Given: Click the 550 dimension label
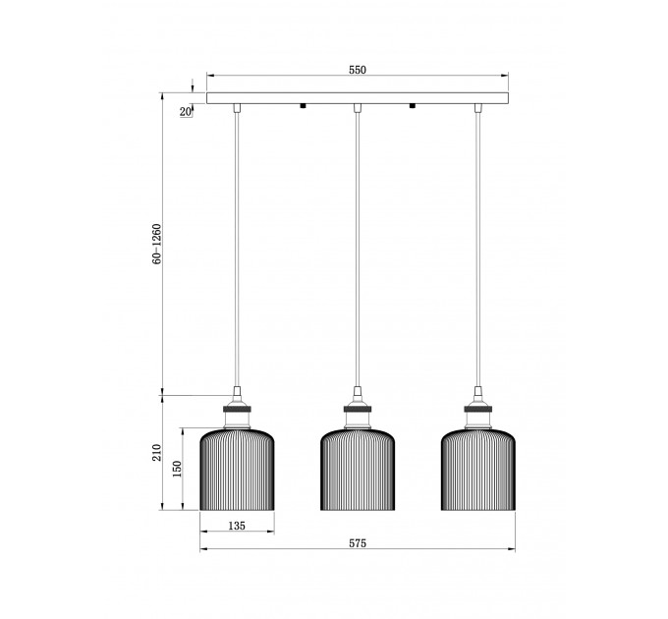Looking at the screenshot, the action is pyautogui.click(x=358, y=70).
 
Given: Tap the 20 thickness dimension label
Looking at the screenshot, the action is pyautogui.click(x=185, y=112).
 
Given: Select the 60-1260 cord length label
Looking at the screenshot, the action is pyautogui.click(x=157, y=244).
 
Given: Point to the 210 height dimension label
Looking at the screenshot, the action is pyautogui.click(x=157, y=452).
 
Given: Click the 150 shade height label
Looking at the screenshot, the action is pyautogui.click(x=177, y=469).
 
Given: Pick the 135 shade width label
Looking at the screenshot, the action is pyautogui.click(x=237, y=526).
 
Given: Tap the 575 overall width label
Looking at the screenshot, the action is pyautogui.click(x=358, y=543).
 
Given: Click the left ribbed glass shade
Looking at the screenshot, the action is pyautogui.click(x=238, y=470).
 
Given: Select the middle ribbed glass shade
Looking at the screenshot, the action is pyautogui.click(x=358, y=470).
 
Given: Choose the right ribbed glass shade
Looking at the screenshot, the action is pyautogui.click(x=478, y=470).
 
